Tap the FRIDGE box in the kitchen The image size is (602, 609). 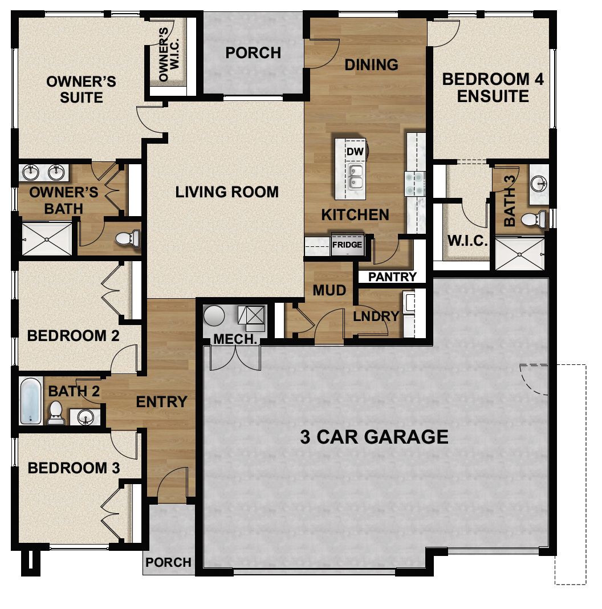tap(347, 245)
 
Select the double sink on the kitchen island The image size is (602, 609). tap(355, 177)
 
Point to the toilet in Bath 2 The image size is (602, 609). tap(56, 412)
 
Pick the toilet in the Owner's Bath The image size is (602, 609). tap(127, 238)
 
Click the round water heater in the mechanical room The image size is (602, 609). tap(215, 316)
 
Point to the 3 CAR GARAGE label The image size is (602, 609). tap(374, 437)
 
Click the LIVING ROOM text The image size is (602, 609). tap(227, 192)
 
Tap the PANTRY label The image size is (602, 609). tap(392, 277)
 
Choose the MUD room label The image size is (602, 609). tap(329, 290)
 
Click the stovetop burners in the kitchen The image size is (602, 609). tap(414, 182)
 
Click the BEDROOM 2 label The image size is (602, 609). tap(73, 335)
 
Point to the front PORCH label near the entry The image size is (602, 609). tap(168, 562)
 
